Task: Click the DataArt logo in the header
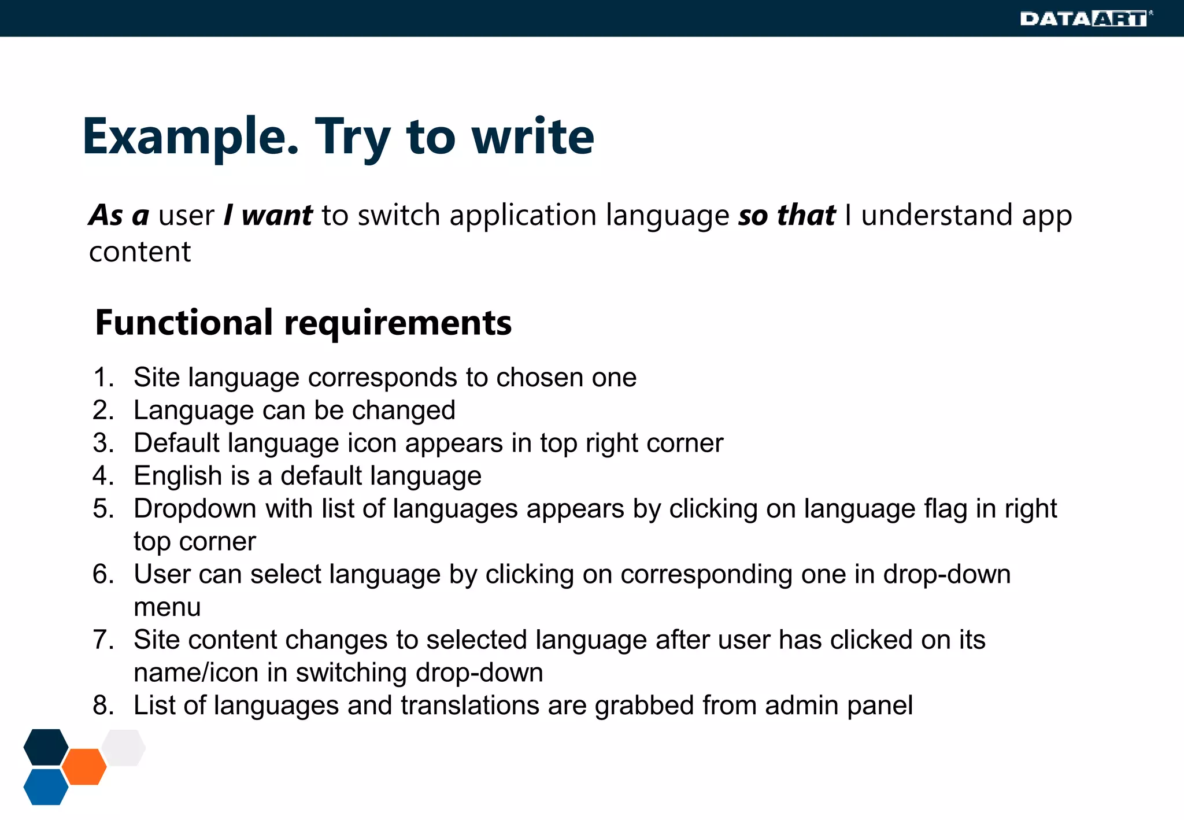tap(1085, 19)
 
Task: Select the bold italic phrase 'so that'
tap(786, 215)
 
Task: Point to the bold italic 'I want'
tap(268, 215)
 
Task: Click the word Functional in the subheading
tap(184, 323)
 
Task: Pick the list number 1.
tap(103, 378)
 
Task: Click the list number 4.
tap(103, 476)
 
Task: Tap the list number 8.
tap(103, 706)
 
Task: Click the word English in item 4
tap(177, 476)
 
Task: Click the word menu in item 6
tap(167, 607)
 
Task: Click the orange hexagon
tap(84, 767)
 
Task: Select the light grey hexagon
tap(124, 748)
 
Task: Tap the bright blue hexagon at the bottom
tap(46, 787)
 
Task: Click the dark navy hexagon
tap(46, 747)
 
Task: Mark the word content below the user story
tap(139, 252)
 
